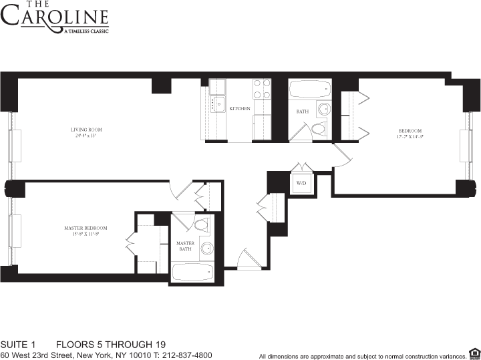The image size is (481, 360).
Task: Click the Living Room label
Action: click(86, 129)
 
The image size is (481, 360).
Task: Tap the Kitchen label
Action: click(240, 108)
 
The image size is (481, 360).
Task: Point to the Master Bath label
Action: click(185, 246)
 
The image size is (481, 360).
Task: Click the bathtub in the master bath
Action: click(192, 272)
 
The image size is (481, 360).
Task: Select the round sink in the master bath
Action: click(206, 248)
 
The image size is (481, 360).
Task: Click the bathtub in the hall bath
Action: click(309, 89)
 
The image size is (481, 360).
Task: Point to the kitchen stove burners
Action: click(262, 89)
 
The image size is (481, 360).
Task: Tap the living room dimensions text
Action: click(86, 136)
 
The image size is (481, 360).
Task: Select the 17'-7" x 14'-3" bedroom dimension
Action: click(410, 136)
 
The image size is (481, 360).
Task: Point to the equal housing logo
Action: click(474, 353)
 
